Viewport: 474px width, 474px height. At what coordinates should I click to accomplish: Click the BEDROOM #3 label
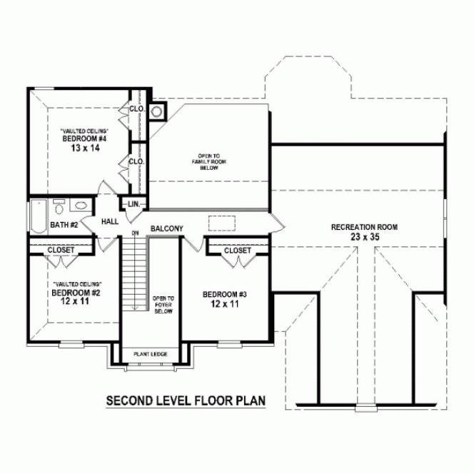point(225,295)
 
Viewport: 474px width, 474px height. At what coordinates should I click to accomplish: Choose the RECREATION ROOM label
point(364,228)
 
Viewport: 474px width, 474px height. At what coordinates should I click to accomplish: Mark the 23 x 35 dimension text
point(364,237)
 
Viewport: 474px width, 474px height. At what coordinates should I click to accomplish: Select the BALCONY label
point(167,228)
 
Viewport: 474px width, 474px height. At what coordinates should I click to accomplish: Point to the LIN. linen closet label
point(133,204)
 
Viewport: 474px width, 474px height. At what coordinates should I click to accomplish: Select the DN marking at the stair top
point(134,233)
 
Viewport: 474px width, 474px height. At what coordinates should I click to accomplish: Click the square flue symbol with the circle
point(158,111)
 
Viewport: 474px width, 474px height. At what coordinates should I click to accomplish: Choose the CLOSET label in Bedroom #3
point(237,251)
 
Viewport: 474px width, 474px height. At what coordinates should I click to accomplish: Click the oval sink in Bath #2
point(81,207)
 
